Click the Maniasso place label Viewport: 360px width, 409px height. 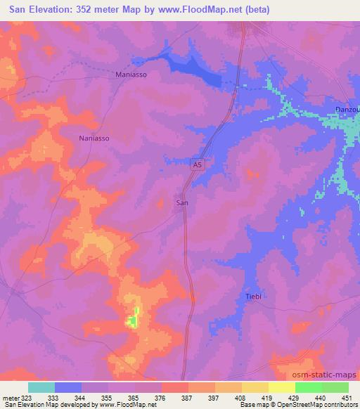[131, 74]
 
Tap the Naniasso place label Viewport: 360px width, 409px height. [94, 138]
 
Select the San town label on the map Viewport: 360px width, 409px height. [181, 202]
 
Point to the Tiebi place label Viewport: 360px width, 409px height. [254, 296]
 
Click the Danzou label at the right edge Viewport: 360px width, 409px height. [346, 111]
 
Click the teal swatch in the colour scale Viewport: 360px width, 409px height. [41, 387]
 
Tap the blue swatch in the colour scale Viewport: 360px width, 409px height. [68, 387]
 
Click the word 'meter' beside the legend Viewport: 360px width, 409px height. [8, 398]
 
